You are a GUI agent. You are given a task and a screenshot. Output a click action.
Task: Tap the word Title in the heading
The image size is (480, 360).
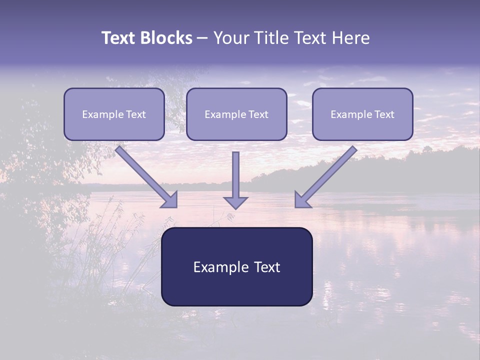(x=270, y=38)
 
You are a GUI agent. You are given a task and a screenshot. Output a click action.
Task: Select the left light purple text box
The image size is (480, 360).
(x=114, y=114)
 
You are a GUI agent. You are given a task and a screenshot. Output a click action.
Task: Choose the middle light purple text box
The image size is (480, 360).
(x=236, y=114)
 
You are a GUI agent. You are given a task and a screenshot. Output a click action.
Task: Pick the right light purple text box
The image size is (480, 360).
(x=362, y=114)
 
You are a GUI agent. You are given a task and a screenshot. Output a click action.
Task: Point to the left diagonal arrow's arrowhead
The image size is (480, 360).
(x=170, y=200)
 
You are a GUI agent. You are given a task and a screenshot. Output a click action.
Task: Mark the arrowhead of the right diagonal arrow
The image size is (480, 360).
(x=301, y=200)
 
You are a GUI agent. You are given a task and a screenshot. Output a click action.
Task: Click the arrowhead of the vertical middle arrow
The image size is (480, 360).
(x=235, y=202)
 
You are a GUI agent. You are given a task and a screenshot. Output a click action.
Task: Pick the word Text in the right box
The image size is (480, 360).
(x=384, y=114)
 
